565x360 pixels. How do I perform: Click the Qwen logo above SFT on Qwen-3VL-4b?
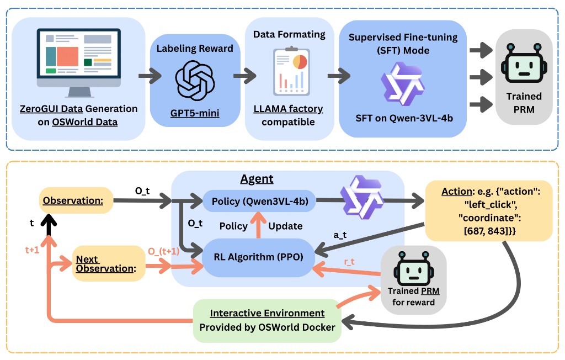[x=403, y=84]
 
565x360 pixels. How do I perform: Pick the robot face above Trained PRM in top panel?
[x=524, y=64]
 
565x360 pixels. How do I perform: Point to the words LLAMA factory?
[x=289, y=109]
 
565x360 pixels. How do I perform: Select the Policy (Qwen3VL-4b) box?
[x=259, y=200]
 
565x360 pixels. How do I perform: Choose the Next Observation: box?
[x=109, y=263]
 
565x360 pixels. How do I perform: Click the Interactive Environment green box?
[x=267, y=320]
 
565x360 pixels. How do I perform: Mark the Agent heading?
[x=257, y=179]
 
